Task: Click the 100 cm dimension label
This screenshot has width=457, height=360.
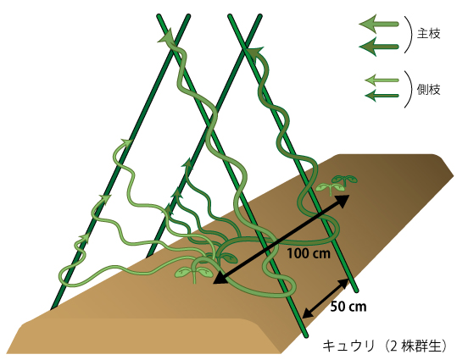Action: (x=309, y=253)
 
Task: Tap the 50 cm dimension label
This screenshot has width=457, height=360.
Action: (x=348, y=307)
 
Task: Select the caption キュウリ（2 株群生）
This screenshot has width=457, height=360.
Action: (x=385, y=346)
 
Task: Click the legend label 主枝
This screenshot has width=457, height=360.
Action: (x=428, y=34)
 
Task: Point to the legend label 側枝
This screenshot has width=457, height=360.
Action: (x=428, y=90)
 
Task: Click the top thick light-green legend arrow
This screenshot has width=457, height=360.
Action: (x=379, y=24)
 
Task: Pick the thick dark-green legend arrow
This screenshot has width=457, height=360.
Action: (x=379, y=47)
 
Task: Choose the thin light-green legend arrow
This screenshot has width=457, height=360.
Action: (x=382, y=80)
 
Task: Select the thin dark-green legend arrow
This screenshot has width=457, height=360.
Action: (x=382, y=96)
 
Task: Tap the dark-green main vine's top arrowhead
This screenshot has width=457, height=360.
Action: (x=255, y=52)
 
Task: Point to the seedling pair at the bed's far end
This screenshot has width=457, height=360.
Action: (x=337, y=184)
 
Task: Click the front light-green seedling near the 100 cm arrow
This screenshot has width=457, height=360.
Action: (x=194, y=271)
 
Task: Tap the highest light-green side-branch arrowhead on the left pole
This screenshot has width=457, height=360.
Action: (x=127, y=142)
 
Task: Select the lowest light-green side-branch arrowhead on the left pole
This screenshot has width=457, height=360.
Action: (x=85, y=237)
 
